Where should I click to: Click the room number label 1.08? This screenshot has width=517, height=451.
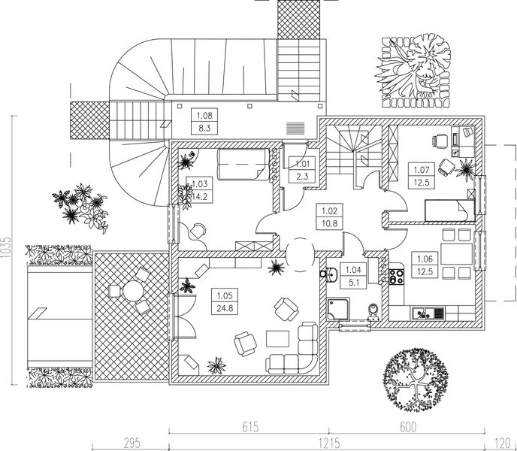point(204,116)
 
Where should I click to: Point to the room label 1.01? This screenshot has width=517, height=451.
point(302,164)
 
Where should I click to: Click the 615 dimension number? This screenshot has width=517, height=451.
point(250,428)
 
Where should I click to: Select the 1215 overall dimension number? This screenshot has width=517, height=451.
point(326,442)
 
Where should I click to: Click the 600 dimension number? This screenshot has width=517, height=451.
point(407,428)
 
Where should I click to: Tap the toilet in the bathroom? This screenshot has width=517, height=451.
point(373,310)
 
